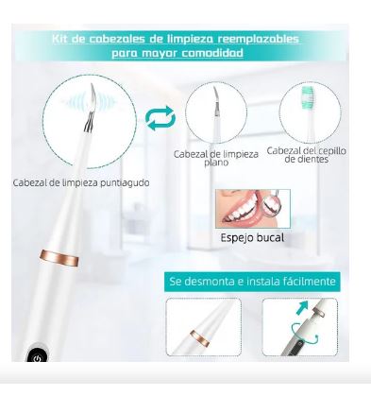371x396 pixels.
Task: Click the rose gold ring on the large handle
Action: coord(59,257)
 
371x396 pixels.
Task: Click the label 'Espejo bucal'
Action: coord(251,237)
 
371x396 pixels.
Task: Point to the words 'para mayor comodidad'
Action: coord(185,53)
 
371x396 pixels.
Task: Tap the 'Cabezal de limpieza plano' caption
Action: coord(218,156)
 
